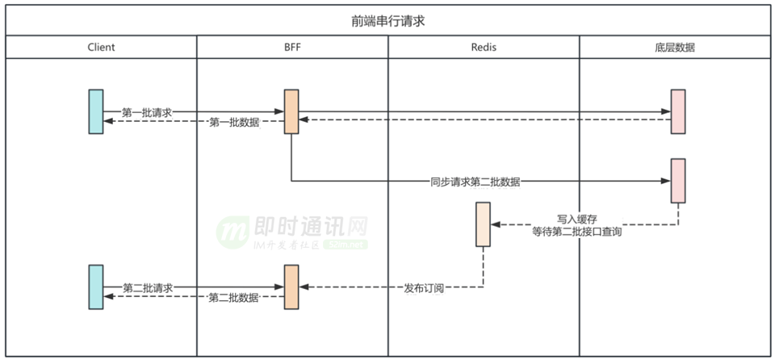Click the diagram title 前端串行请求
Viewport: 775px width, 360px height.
(x=387, y=21)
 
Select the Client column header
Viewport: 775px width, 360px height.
(x=101, y=47)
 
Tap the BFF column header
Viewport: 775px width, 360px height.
(x=291, y=47)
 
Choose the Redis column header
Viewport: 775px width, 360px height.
(x=484, y=47)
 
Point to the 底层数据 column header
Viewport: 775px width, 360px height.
(x=675, y=47)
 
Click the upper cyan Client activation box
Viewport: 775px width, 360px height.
(x=96, y=111)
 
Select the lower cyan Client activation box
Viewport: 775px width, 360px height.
(x=96, y=286)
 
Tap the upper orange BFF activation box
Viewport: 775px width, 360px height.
(x=291, y=111)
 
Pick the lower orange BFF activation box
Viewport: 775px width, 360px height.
(x=291, y=286)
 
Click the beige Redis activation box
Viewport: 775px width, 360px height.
(x=484, y=224)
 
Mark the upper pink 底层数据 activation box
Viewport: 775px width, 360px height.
(x=678, y=111)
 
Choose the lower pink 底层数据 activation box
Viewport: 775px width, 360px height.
(x=678, y=181)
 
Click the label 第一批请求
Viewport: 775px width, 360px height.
(x=147, y=112)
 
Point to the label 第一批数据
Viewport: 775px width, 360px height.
(x=234, y=123)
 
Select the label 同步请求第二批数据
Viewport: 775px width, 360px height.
(x=475, y=182)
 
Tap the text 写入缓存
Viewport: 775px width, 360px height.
(x=576, y=219)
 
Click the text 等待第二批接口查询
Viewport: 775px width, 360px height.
(x=576, y=232)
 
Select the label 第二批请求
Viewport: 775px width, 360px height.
(x=147, y=287)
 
